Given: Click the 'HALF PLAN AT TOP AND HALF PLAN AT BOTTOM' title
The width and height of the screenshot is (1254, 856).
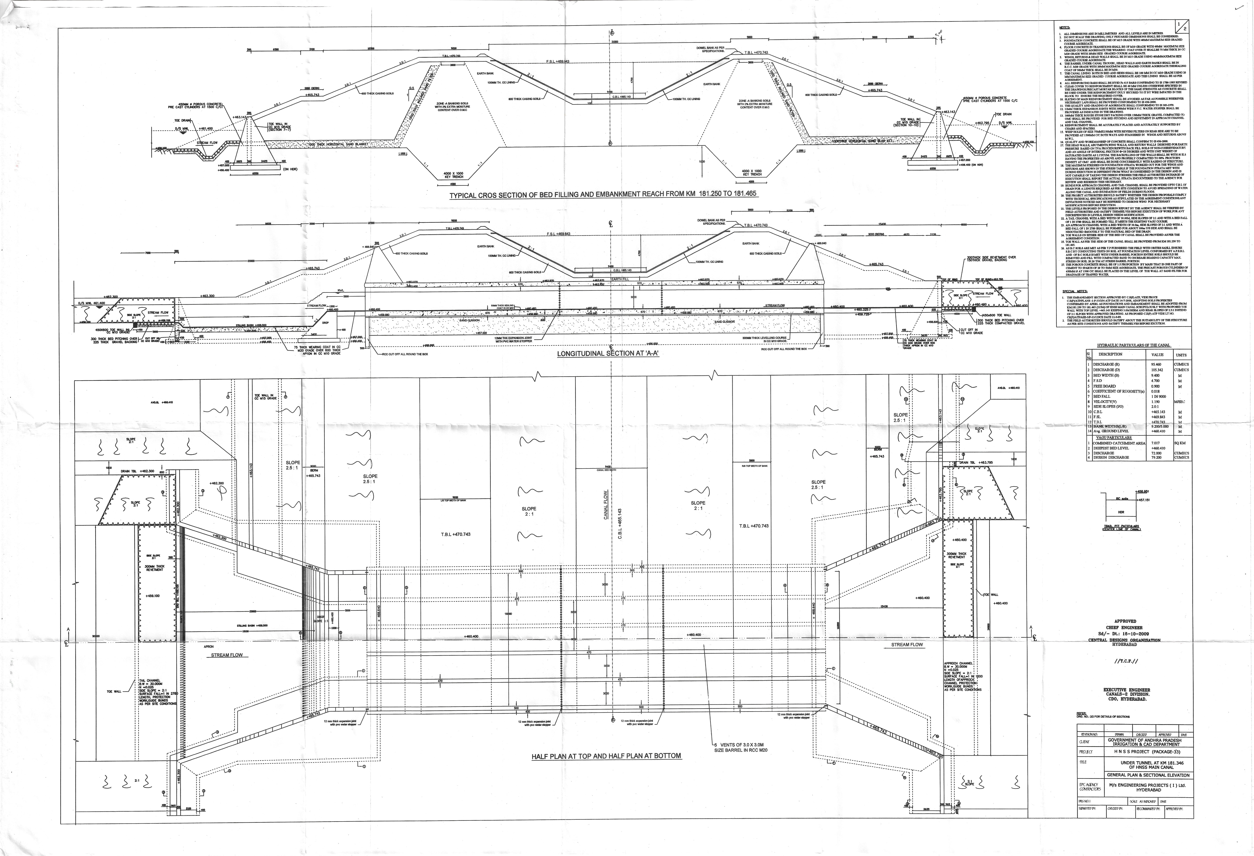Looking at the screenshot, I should (606, 756).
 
